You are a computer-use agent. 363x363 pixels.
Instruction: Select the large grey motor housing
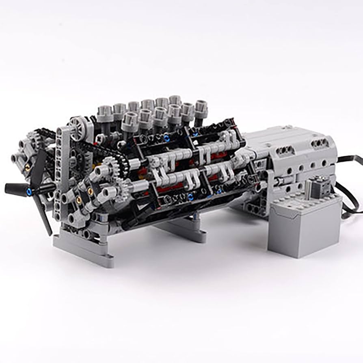tap(292, 162)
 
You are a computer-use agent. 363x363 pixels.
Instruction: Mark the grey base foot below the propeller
tap(83, 248)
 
